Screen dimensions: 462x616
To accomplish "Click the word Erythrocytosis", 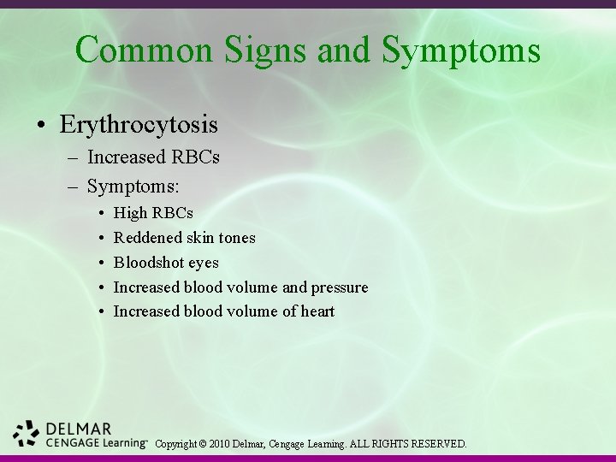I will pyautogui.click(x=139, y=125).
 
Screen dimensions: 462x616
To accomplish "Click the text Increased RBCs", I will pyautogui.click(x=153, y=157).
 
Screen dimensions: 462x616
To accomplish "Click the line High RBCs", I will pyautogui.click(x=153, y=212).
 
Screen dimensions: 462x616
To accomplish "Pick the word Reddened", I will pyautogui.click(x=145, y=237).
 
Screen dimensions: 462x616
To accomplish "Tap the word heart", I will pyautogui.click(x=317, y=311).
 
